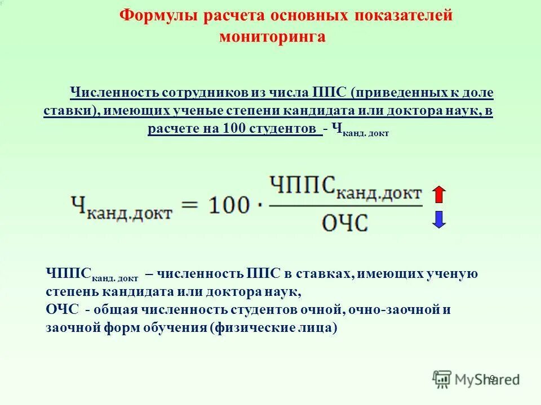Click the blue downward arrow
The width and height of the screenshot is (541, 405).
(x=439, y=218)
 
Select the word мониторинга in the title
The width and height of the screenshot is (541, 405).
(x=273, y=37)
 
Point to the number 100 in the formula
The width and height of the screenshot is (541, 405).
(x=228, y=205)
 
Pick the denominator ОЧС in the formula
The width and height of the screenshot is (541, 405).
(x=345, y=222)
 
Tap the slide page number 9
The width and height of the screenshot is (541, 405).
(x=491, y=378)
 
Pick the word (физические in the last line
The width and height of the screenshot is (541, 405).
(x=246, y=327)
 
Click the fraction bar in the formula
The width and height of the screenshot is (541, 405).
(x=345, y=205)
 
